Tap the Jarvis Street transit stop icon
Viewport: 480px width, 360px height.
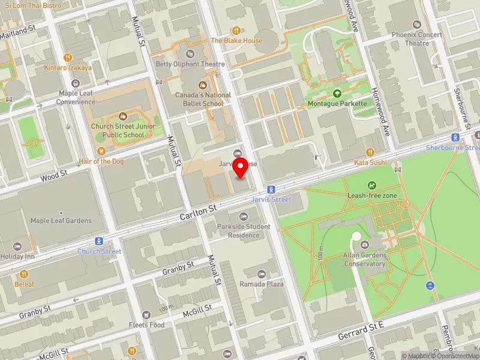[x=272, y=189]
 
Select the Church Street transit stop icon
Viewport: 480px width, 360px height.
[x=99, y=241]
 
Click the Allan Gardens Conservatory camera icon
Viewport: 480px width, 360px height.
[x=365, y=244]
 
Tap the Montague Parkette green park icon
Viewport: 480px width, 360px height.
[x=337, y=94]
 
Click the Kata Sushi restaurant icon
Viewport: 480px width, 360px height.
[x=370, y=152]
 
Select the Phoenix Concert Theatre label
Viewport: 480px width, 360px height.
[x=417, y=39]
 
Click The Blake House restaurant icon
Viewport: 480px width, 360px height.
[x=236, y=30]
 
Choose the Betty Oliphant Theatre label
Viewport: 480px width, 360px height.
[x=190, y=64]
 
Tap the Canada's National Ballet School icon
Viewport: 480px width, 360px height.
[x=203, y=85]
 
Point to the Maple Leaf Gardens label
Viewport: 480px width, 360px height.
[x=61, y=221]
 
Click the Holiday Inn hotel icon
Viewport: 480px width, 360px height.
[x=17, y=247]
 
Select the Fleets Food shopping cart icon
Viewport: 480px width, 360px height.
[x=146, y=314]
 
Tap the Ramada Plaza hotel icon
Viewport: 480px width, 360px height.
[x=262, y=274]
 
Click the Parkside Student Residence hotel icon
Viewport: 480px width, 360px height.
[x=243, y=216]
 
